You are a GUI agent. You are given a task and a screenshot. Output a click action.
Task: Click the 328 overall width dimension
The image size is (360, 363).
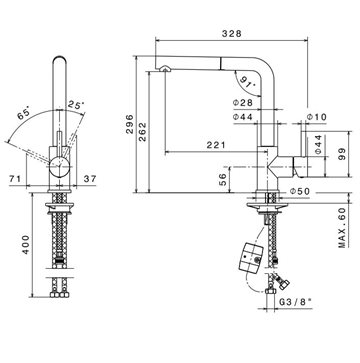(232, 34)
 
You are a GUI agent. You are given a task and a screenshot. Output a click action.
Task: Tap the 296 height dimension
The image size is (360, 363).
(130, 124)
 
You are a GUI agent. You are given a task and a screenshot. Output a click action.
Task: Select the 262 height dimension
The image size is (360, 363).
(143, 132)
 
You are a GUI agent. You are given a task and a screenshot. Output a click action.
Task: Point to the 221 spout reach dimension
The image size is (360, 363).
(216, 145)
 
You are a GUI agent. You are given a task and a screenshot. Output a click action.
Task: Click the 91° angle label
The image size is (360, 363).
(247, 83)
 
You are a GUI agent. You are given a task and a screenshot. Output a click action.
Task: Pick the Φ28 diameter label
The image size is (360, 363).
(243, 103)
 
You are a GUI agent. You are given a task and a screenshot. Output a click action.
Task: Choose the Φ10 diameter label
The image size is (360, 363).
(317, 117)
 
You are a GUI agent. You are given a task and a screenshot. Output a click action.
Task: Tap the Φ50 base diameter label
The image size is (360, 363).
(300, 191)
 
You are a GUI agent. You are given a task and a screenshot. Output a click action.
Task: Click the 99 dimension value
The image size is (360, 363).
(342, 154)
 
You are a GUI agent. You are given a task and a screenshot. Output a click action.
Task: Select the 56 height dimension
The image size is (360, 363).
(224, 180)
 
